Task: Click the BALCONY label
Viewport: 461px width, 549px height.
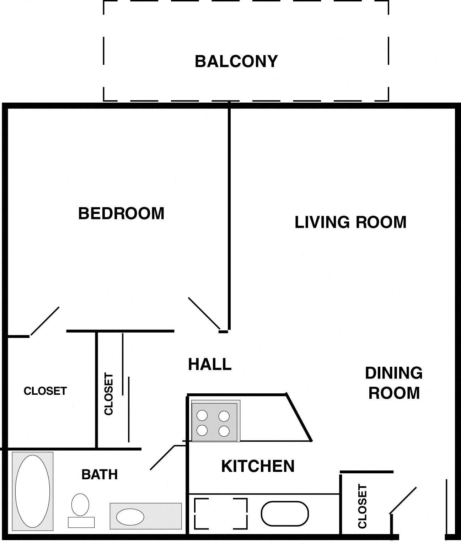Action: tap(236, 61)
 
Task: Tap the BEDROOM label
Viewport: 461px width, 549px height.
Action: tap(121, 213)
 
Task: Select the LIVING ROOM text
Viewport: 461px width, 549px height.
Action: tap(350, 222)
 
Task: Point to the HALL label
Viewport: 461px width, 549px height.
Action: tap(210, 364)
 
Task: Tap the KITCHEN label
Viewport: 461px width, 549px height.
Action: tap(258, 466)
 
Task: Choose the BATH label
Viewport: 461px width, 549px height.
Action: tap(100, 474)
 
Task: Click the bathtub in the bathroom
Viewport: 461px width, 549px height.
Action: tap(33, 491)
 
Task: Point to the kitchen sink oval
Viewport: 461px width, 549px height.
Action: tap(285, 513)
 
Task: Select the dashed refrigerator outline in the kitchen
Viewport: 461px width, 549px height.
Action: tap(221, 513)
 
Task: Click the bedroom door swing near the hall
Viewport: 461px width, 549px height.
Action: tap(204, 313)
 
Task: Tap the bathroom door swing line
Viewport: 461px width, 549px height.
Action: tap(162, 457)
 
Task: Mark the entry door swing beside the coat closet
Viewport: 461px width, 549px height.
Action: tap(403, 500)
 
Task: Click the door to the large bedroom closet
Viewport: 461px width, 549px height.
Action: tap(45, 321)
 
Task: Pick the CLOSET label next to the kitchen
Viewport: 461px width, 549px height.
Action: tap(362, 506)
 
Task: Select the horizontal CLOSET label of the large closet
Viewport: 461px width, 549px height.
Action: tap(45, 391)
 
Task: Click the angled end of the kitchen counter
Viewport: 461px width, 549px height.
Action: tap(299, 418)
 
